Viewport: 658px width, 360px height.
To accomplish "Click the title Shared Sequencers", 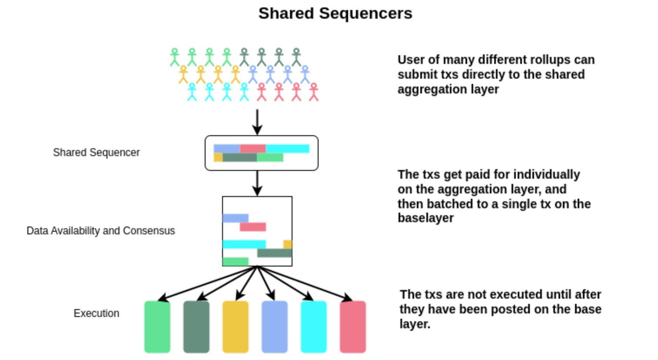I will point(335,13).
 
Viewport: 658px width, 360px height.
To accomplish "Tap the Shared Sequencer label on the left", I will point(96,153).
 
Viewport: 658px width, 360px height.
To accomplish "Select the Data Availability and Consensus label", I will point(100,231).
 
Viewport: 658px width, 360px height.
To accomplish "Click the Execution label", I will point(96,313).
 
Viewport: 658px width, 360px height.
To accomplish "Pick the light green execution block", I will point(157,327).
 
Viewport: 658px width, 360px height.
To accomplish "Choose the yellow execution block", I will point(235,327).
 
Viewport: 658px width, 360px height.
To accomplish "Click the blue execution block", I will point(274,327).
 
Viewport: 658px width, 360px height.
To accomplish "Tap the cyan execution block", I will point(313,327).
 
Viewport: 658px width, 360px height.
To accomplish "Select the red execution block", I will point(352,327).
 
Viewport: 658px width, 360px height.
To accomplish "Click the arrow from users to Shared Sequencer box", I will point(257,122).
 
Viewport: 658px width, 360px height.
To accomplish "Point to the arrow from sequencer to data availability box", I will point(257,183).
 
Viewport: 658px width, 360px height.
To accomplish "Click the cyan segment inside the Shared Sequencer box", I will point(287,149).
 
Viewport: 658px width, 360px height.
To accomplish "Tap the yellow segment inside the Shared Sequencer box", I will point(218,157).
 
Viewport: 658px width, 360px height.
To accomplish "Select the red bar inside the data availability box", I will point(253,227).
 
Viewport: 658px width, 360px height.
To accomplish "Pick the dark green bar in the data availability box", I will point(274,253).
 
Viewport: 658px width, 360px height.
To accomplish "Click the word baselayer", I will point(425,218).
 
